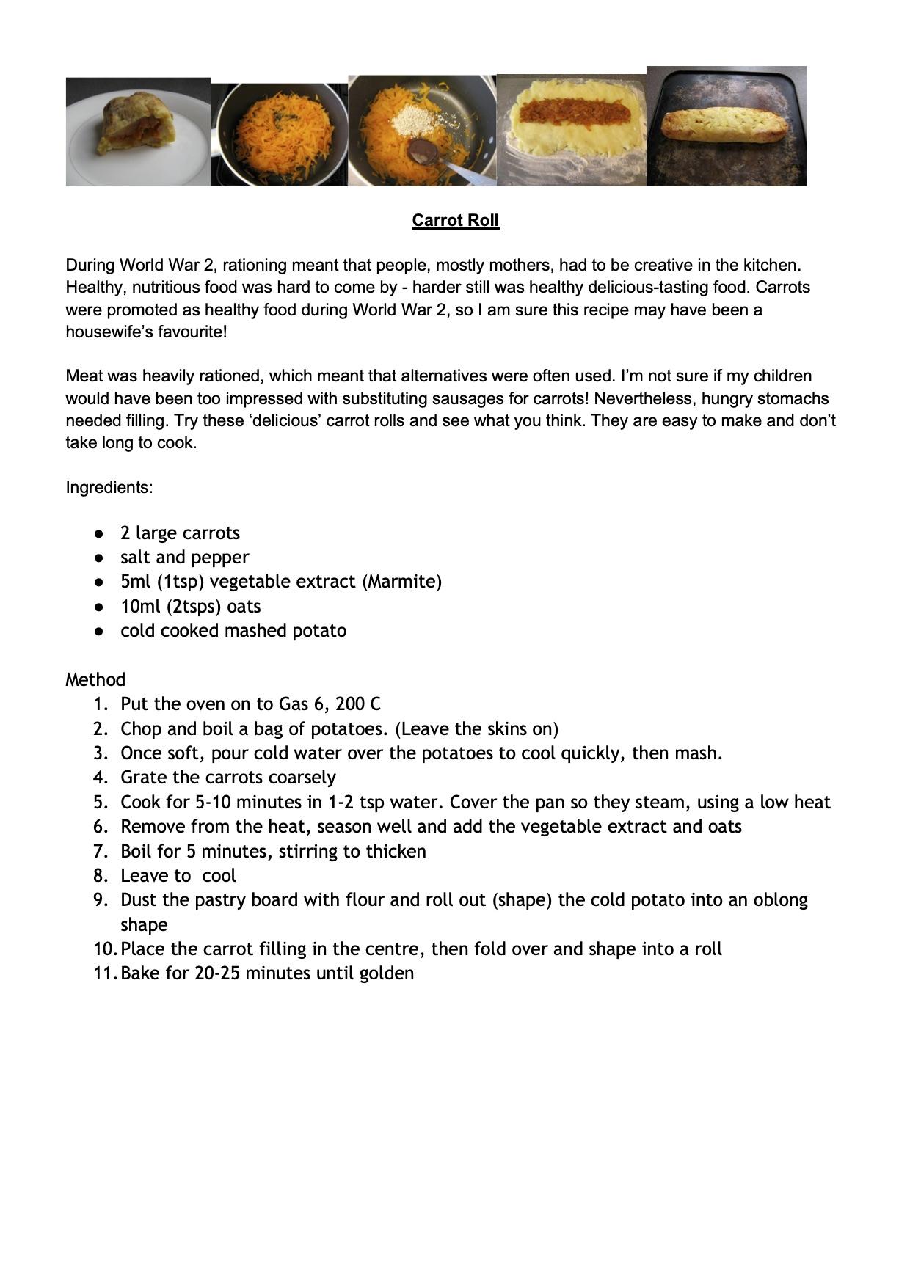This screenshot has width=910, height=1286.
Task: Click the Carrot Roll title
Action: point(455,220)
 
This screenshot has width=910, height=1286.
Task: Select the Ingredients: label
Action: point(109,487)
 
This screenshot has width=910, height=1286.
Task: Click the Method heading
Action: point(95,679)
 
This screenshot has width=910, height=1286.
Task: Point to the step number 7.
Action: point(101,851)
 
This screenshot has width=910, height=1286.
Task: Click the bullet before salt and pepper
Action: point(99,558)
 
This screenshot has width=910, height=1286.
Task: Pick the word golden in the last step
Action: point(386,973)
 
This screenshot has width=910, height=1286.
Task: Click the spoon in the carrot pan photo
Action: point(424,151)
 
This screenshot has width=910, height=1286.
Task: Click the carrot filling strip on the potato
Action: point(575,112)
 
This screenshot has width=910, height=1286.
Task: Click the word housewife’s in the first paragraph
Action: point(109,332)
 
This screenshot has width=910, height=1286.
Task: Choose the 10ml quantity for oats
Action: point(138,607)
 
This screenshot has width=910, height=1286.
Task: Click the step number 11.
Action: point(104,973)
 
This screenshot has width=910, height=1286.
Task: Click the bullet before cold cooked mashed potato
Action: point(99,631)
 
